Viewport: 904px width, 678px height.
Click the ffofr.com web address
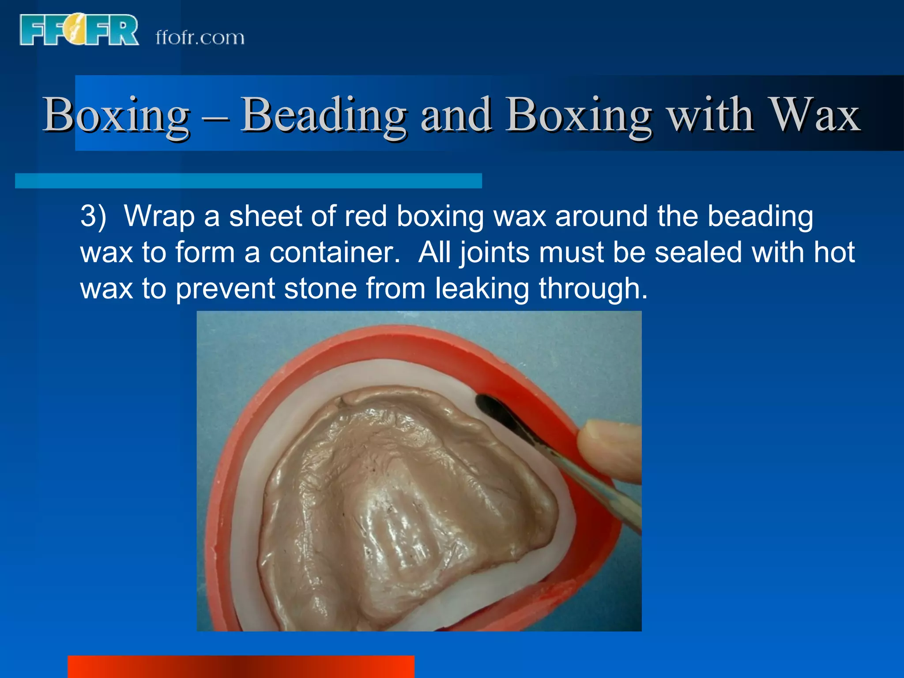pos(200,38)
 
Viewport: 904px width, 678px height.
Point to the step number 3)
pos(93,216)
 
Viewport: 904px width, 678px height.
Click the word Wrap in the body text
pos(159,216)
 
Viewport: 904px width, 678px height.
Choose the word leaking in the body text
pos(482,289)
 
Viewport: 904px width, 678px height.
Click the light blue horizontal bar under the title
pos(248,181)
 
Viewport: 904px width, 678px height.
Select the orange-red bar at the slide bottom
pos(241,667)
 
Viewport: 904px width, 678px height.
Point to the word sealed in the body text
pos(698,252)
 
